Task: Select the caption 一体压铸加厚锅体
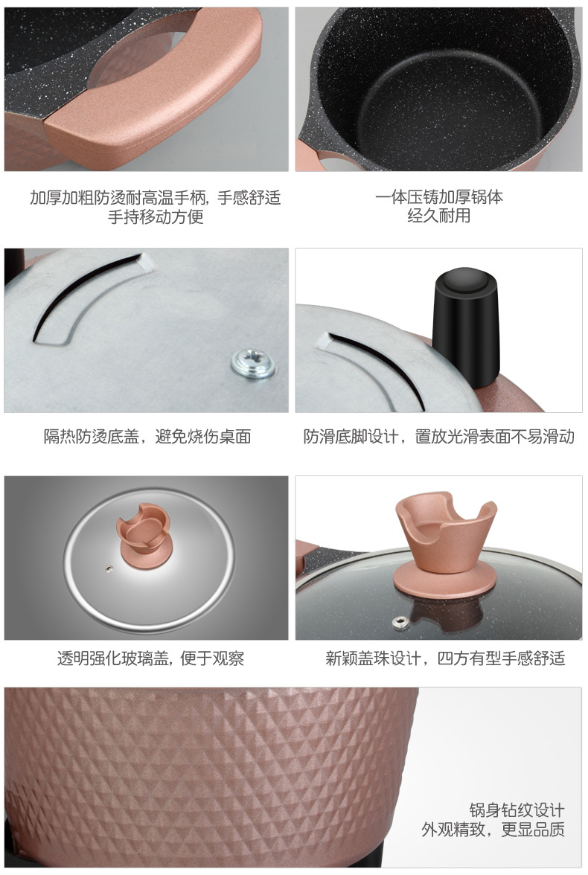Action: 439,198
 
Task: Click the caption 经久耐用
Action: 439,217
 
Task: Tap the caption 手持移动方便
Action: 156,217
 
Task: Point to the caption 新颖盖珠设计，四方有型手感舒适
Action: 445,658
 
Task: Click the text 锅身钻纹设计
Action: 517,810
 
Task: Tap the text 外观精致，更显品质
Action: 493,830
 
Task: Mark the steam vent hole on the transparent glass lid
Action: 109,569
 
